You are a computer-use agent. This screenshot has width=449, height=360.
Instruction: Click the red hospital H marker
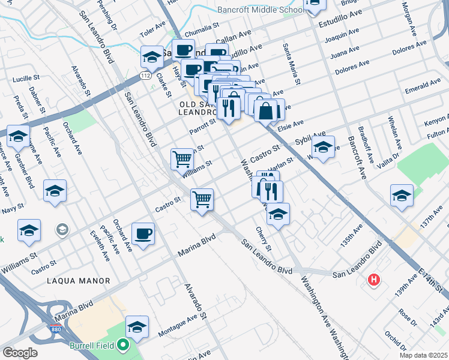click(375, 280)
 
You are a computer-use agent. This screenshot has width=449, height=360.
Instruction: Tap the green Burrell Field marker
click(123, 346)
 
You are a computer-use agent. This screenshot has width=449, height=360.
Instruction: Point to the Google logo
click(20, 353)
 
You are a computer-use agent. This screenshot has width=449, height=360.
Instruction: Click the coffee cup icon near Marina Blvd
click(143, 233)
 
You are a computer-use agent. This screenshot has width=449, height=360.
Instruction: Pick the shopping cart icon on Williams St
click(182, 158)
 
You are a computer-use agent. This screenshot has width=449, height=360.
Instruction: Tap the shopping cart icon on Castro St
click(202, 199)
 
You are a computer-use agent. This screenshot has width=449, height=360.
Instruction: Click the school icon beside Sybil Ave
click(323, 146)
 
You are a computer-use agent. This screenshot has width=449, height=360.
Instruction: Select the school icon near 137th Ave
click(402, 194)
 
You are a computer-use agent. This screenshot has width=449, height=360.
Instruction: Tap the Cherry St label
click(264, 239)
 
